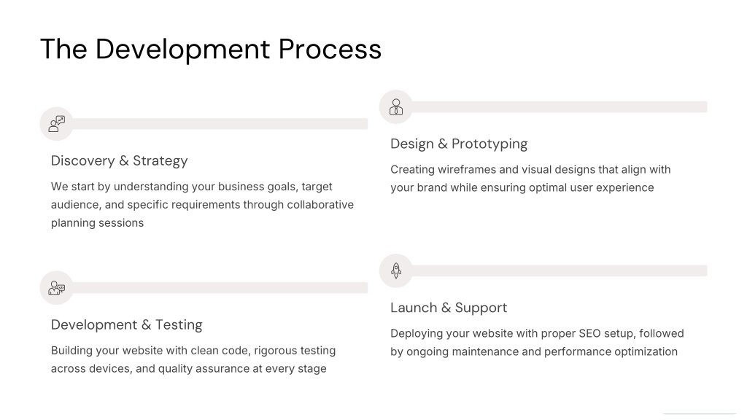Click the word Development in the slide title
[182, 50]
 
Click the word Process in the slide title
[330, 49]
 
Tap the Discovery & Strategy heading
[119, 161]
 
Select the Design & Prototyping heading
[459, 144]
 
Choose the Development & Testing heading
[127, 324]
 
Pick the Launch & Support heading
[449, 308]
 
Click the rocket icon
[396, 271]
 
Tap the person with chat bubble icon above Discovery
[57, 124]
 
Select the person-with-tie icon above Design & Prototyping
[396, 106]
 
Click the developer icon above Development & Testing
[57, 287]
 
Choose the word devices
[113, 369]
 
